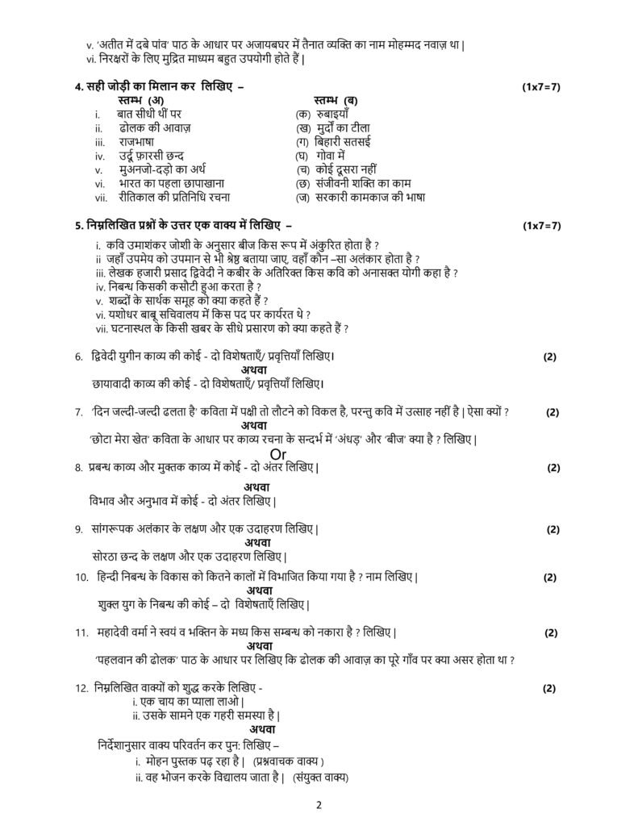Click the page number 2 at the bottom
pos(319,805)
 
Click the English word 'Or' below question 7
pos(279,454)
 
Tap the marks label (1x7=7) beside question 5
pos(541,225)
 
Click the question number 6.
pos(78,356)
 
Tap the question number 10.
pos(81,577)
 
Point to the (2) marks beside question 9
pos(553,529)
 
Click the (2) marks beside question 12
pos(549,687)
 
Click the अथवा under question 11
pos(259,645)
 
